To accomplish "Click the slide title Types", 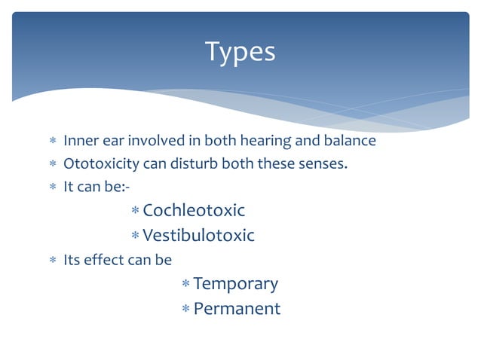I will coord(240,53).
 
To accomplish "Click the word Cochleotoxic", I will coord(194,210).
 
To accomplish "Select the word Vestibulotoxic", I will coord(198,236).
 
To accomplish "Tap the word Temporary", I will coord(235,284).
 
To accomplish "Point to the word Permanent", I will coord(237,309).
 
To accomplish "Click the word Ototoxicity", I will coord(95,163).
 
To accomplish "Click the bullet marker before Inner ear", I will coord(52,142).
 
